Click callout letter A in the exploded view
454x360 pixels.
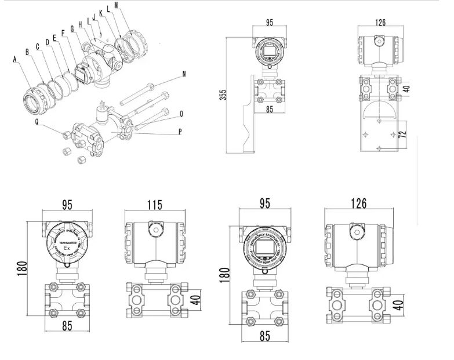pyautogui.click(x=15, y=59)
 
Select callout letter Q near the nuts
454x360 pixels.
pyautogui.click(x=38, y=122)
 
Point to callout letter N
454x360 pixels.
pyautogui.click(x=184, y=74)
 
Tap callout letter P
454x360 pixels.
pyautogui.click(x=180, y=131)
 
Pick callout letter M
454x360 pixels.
pyautogui.click(x=117, y=5)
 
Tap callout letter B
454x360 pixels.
pyautogui.click(x=27, y=52)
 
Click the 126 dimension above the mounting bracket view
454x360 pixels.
pyautogui.click(x=380, y=23)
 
